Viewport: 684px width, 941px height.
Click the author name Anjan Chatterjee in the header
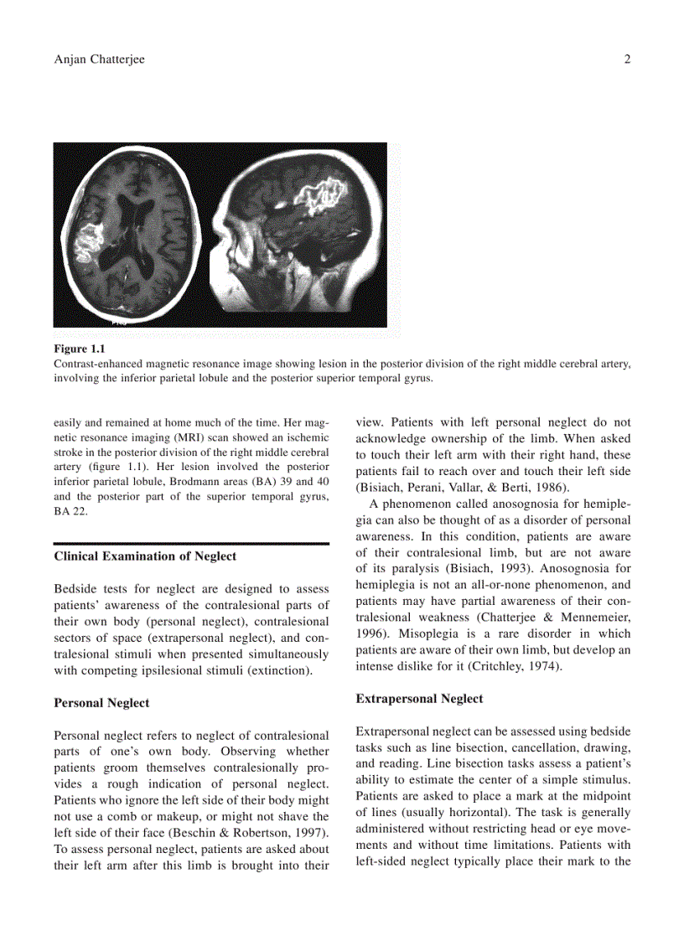click(100, 59)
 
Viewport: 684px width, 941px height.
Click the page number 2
click(627, 59)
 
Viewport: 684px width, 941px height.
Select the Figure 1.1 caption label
click(80, 349)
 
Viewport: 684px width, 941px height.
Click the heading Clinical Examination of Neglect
click(145, 556)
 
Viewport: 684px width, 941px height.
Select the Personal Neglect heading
click(101, 703)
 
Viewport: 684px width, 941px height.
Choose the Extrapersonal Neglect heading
click(419, 698)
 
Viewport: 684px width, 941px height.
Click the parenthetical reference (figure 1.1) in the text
click(110, 467)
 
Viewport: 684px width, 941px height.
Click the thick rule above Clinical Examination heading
click(191, 544)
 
